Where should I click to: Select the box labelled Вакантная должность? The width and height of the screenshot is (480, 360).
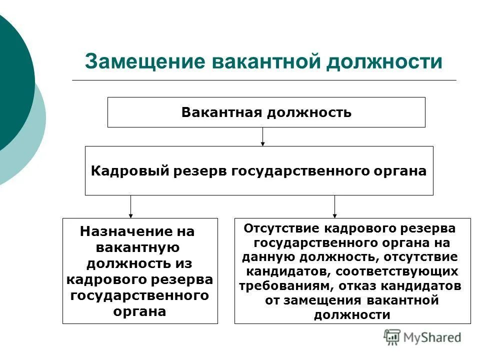click(x=266, y=112)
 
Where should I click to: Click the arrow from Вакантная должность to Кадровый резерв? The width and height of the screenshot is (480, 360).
click(x=262, y=136)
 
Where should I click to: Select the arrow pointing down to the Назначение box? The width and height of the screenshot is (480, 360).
click(x=130, y=206)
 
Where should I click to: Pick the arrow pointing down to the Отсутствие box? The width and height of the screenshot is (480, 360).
click(x=334, y=206)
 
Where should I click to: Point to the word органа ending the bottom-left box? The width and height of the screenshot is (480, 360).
click(x=140, y=311)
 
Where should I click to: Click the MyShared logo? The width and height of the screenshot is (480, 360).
click(x=422, y=336)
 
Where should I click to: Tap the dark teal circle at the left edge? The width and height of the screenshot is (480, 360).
click(x=12, y=80)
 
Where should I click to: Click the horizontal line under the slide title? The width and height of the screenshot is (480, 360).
click(x=264, y=80)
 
